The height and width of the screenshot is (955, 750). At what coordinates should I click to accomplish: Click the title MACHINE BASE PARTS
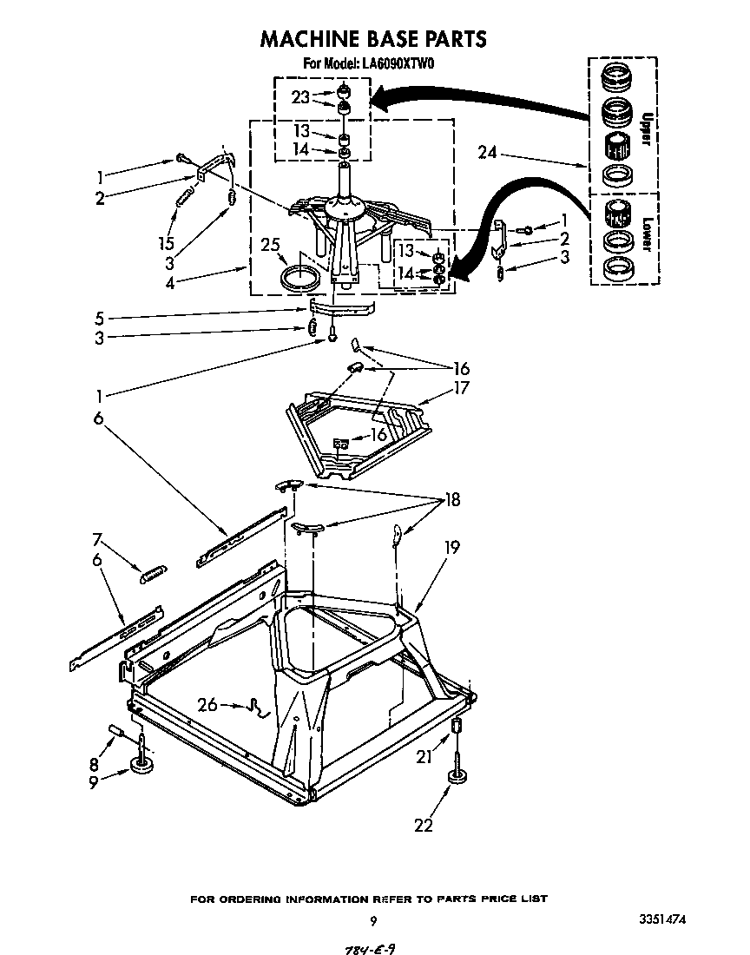[x=373, y=39]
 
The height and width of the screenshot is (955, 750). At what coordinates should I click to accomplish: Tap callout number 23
[x=300, y=98]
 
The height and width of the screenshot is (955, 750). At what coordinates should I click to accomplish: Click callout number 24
[x=487, y=153]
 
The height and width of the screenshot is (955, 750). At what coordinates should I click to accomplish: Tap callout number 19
[x=451, y=548]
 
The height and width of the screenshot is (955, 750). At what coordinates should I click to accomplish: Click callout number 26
[x=207, y=705]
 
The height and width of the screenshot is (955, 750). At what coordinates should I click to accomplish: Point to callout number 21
[x=424, y=757]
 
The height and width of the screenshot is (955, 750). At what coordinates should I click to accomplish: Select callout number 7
[x=97, y=539]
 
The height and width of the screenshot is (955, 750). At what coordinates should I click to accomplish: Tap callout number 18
[x=451, y=500]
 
